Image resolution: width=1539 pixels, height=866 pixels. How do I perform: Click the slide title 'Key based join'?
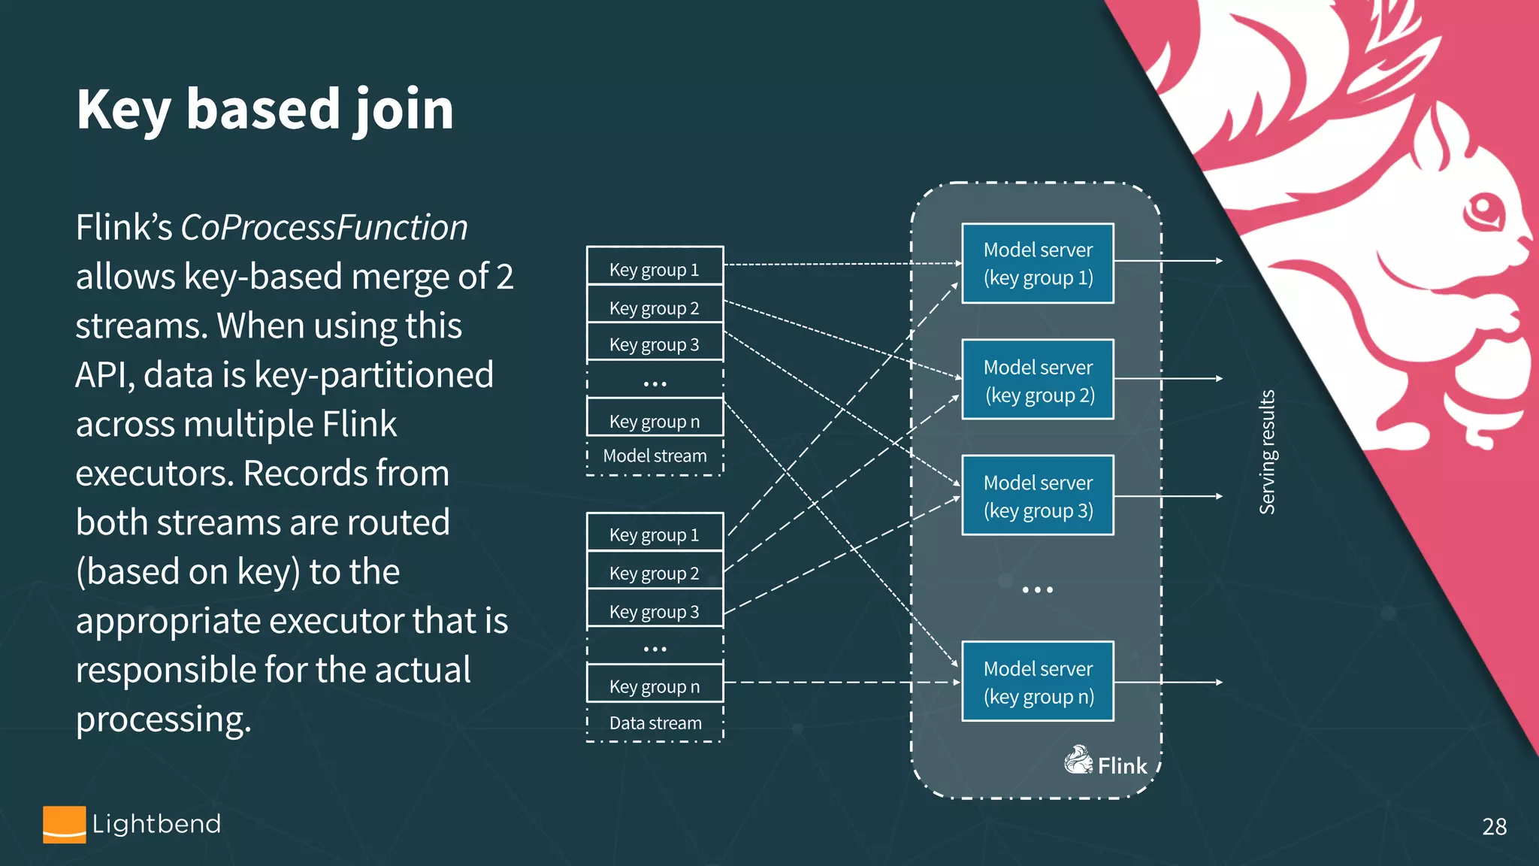pyautogui.click(x=265, y=110)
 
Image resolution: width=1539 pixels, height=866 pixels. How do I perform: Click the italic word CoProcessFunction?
pyautogui.click(x=324, y=228)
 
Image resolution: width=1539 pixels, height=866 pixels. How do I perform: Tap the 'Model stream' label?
pyautogui.click(x=655, y=456)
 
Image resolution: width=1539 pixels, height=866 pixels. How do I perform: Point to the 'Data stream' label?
pyautogui.click(x=655, y=722)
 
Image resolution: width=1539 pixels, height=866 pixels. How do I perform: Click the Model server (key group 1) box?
pyautogui.click(x=1038, y=263)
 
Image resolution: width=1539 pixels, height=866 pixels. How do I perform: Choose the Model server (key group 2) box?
pyautogui.click(x=1038, y=380)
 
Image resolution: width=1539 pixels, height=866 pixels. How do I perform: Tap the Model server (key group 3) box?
pyautogui.click(x=1038, y=495)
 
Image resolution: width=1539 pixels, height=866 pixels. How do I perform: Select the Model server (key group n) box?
pyautogui.click(x=1038, y=681)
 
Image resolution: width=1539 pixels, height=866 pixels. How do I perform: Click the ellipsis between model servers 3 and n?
pyautogui.click(x=1037, y=590)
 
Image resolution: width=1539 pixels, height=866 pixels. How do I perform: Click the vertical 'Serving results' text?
pyautogui.click(x=1267, y=452)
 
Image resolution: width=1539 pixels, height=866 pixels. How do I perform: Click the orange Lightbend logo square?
pyautogui.click(x=64, y=825)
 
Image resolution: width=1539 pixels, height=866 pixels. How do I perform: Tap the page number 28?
pyautogui.click(x=1494, y=827)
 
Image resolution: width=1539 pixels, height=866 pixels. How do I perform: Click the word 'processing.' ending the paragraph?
pyautogui.click(x=163, y=719)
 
